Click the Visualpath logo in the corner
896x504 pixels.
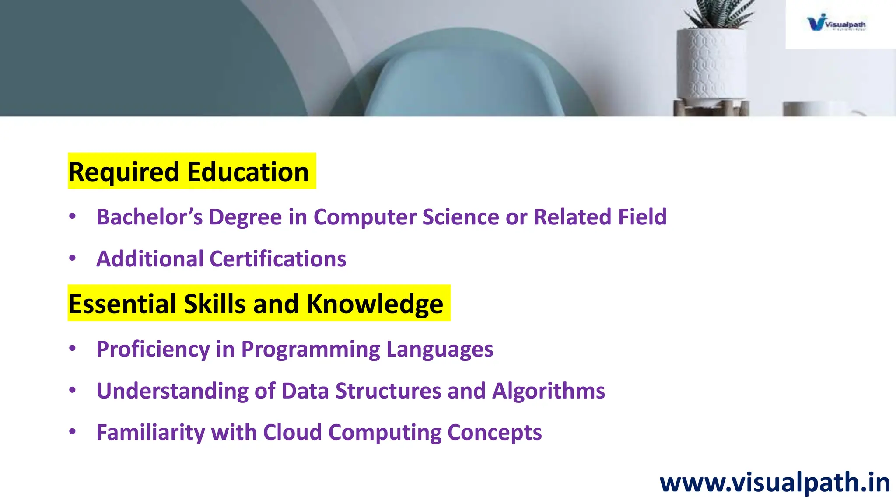pyautogui.click(x=836, y=23)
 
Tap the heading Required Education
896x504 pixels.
pyautogui.click(x=189, y=171)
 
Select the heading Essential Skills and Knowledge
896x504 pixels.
pyautogui.click(x=256, y=304)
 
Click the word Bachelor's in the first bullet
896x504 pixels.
pyautogui.click(x=149, y=217)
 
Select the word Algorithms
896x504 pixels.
pyautogui.click(x=549, y=391)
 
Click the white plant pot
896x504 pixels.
pyautogui.click(x=710, y=66)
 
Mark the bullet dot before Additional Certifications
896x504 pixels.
pyautogui.click(x=73, y=258)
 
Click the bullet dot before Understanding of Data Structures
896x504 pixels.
pyautogui.click(x=73, y=390)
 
